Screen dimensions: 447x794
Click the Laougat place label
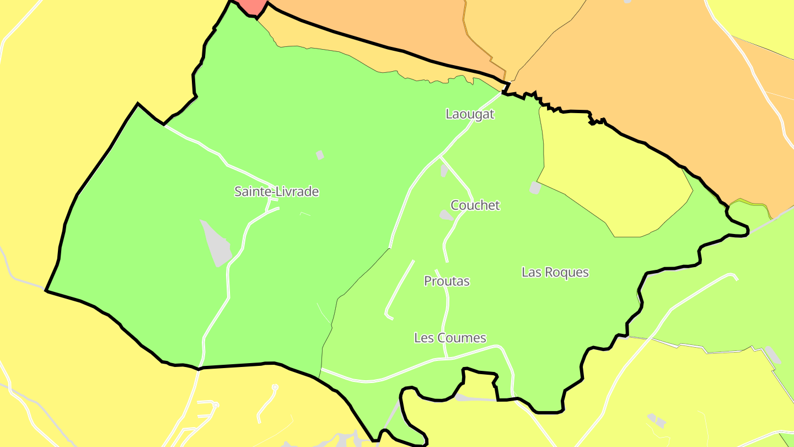[470, 114]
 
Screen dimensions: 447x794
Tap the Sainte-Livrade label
[276, 191]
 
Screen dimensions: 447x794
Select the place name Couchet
[475, 205]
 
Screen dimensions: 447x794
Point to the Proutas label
[447, 281]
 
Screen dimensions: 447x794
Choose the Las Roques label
[555, 272]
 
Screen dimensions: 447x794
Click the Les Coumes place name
[450, 338]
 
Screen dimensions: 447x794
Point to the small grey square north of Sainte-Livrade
[320, 155]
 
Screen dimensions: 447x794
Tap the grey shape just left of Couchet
[446, 215]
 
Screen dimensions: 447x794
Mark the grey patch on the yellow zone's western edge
[535, 188]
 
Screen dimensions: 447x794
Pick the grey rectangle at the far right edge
[773, 355]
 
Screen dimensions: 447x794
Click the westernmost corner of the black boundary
[46, 290]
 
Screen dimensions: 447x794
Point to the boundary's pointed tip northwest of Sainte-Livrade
[138, 103]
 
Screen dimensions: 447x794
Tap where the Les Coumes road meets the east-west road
[447, 358]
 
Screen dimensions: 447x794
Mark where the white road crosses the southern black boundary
[199, 369]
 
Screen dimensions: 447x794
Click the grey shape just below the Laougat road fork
[444, 171]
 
